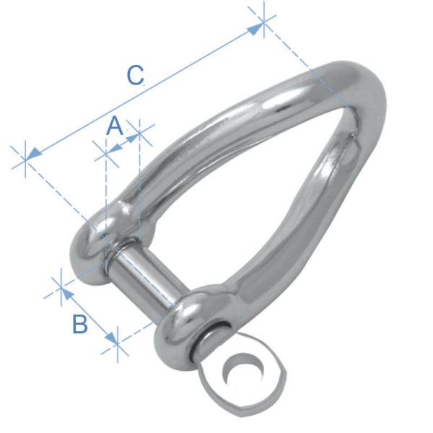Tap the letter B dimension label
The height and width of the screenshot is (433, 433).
point(80,324)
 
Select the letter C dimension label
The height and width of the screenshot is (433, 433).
point(136,76)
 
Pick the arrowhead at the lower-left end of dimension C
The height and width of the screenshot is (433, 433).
point(33,154)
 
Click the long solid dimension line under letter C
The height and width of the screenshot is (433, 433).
point(144,91)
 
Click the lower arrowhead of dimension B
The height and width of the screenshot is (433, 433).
point(112,338)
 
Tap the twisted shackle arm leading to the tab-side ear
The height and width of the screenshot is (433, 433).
point(281,231)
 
